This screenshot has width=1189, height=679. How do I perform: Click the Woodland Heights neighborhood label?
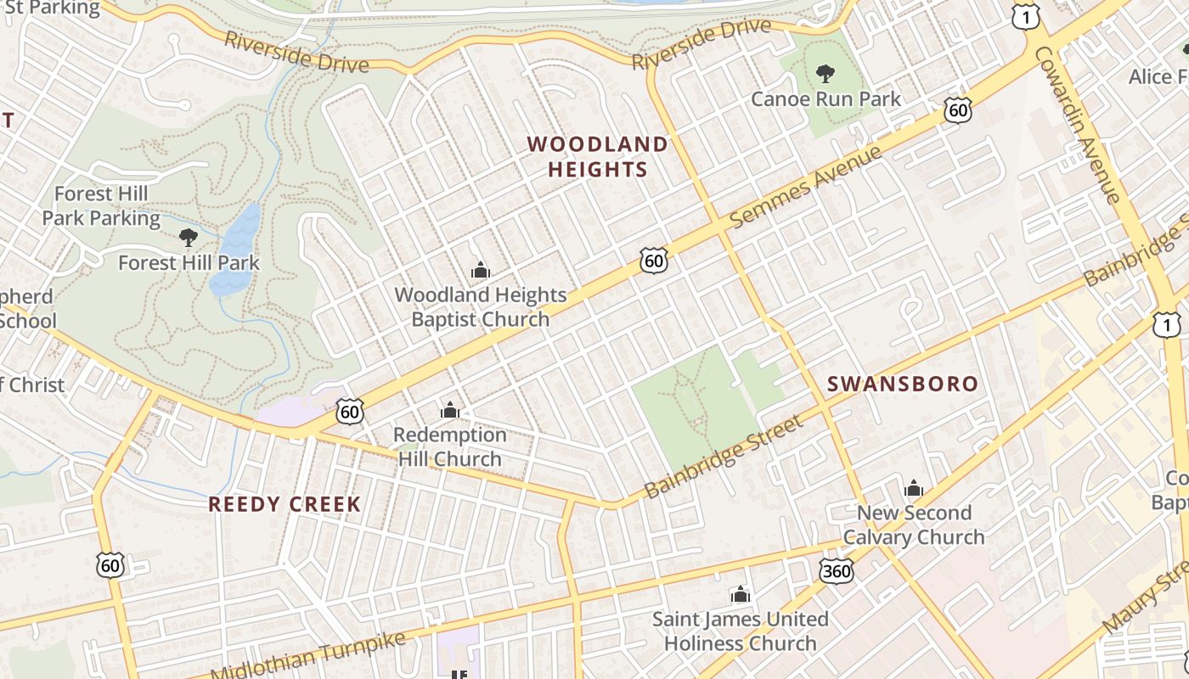tap(597, 157)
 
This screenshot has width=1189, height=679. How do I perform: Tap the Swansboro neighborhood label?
tap(903, 384)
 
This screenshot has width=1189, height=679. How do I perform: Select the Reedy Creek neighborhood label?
tap(285, 504)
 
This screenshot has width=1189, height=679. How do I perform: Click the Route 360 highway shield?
tap(837, 571)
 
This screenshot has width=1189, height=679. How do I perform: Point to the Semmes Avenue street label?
tap(806, 186)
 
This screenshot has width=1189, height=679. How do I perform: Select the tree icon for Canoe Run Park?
tap(825, 74)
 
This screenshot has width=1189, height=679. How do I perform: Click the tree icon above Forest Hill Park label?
tap(189, 238)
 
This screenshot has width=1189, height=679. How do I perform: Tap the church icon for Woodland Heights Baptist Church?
tap(480, 271)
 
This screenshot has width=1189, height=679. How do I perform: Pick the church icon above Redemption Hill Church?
tap(450, 412)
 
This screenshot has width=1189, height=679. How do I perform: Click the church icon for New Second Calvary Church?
tap(914, 488)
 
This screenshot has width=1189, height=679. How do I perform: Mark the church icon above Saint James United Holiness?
tap(741, 594)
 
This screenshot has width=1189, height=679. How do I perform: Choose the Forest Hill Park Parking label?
tap(101, 206)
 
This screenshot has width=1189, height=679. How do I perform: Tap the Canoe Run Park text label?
tap(826, 99)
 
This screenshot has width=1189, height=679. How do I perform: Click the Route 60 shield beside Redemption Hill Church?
tap(350, 412)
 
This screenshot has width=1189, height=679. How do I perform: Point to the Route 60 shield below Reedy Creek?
tap(110, 564)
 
